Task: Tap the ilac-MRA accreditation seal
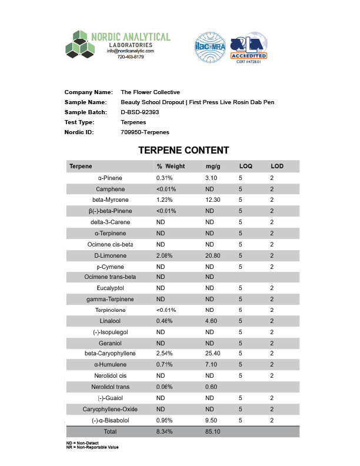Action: [210, 48]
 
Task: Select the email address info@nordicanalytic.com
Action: [130, 51]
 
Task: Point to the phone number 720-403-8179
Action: [131, 57]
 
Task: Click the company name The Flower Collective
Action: [150, 92]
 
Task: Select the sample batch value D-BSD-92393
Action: [140, 112]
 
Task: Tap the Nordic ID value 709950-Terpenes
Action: [145, 132]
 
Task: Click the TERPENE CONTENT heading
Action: [184, 151]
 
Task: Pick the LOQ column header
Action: [245, 167]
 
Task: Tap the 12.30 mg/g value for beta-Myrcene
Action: [213, 200]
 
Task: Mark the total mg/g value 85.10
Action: [213, 431]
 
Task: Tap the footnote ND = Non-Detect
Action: [82, 442]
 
